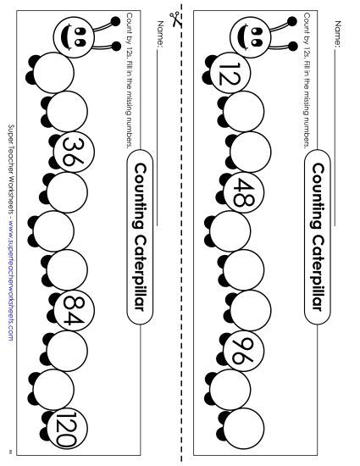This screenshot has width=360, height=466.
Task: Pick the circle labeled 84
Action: pyautogui.click(x=74, y=305)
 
